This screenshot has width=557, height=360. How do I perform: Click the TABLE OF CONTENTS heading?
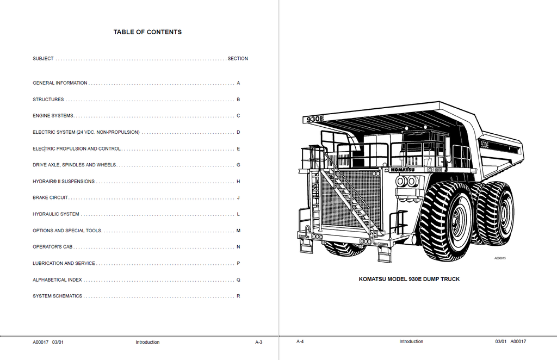147,32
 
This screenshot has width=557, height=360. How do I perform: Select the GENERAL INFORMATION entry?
60,83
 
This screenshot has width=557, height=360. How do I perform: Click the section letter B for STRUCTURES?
238,100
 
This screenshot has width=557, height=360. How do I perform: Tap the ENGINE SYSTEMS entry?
53,116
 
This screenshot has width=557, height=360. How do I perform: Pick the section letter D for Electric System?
238,132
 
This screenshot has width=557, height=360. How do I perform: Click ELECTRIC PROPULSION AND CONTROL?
77,149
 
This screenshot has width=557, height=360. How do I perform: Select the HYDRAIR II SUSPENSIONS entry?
64,182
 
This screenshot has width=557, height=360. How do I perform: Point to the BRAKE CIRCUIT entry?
51,198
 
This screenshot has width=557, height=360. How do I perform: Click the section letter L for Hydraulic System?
238,214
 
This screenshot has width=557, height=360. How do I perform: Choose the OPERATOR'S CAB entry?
53,247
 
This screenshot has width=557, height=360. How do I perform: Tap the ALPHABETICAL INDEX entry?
57,280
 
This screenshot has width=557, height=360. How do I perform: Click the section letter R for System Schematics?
238,296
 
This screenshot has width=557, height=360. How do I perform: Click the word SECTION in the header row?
238,59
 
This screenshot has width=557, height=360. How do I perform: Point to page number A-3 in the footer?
258,342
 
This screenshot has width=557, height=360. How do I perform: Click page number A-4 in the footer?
300,342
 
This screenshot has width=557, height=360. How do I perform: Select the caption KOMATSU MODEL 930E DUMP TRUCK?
409,279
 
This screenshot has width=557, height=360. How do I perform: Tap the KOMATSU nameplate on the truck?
403,170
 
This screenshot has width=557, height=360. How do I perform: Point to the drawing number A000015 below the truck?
500,258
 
